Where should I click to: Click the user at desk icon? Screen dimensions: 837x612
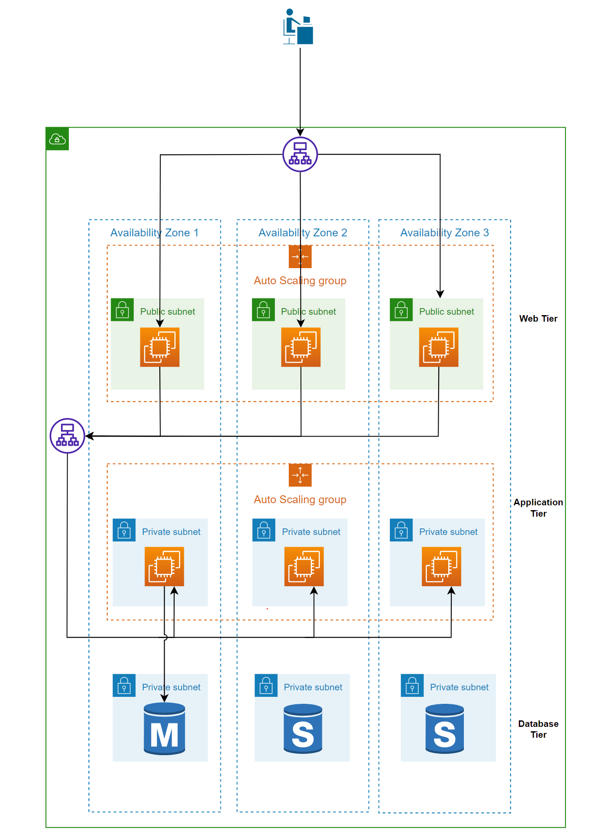point(298,27)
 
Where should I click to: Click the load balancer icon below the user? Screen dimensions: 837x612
point(300,154)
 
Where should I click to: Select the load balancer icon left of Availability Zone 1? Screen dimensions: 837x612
point(67,436)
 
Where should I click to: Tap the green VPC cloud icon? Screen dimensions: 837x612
point(57,139)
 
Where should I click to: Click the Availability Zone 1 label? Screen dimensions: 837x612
point(155,232)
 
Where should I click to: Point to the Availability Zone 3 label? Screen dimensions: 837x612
point(444,232)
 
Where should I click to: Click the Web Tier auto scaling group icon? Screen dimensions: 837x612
point(300,256)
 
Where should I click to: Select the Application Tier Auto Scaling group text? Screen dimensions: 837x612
point(300,499)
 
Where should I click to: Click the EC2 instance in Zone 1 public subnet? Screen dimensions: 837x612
point(159,347)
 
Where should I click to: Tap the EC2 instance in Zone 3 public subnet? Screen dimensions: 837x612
point(439,347)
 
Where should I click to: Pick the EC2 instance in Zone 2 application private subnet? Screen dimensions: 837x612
point(304,566)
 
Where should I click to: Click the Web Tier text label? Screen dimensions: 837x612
point(538,318)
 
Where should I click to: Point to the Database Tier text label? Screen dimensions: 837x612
point(538,729)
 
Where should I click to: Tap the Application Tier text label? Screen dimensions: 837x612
point(538,508)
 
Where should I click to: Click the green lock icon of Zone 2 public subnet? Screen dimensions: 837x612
point(263,309)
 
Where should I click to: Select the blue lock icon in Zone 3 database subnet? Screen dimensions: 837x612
point(412,685)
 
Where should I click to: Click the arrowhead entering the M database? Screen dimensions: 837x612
point(164,698)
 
